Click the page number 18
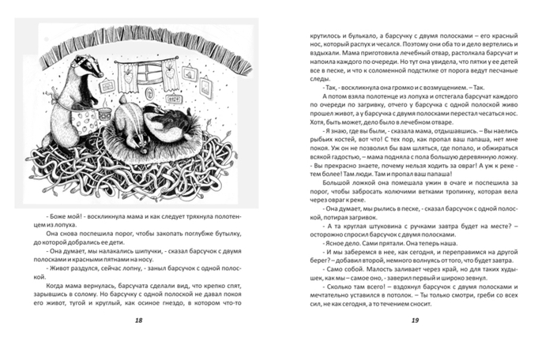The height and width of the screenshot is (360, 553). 139,341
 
